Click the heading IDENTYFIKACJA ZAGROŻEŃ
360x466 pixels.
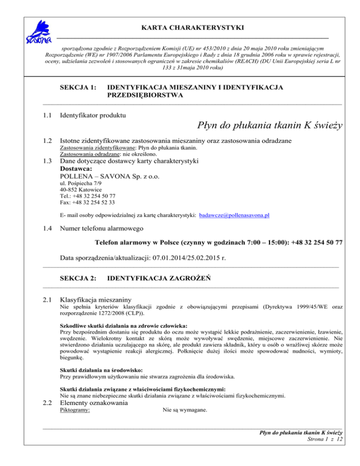coord(158,278)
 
